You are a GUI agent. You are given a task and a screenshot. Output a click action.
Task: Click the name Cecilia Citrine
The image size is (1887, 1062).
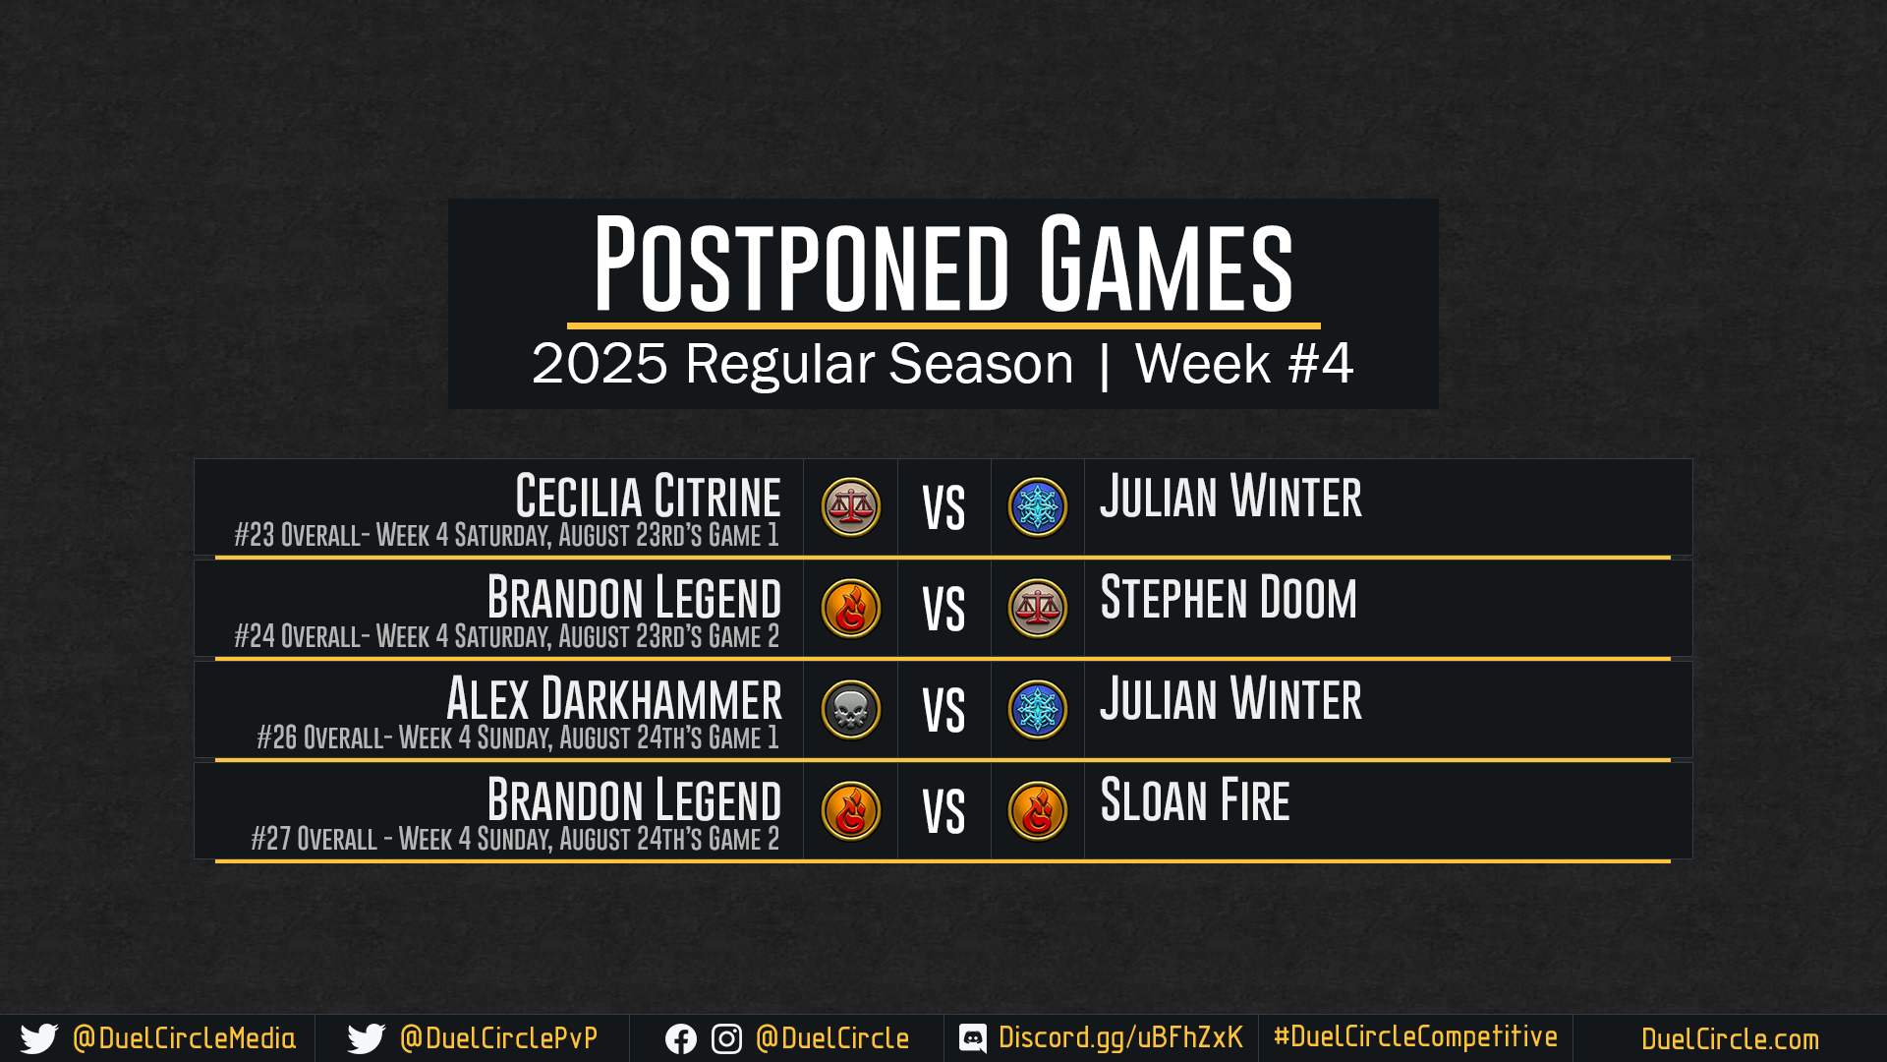click(x=648, y=497)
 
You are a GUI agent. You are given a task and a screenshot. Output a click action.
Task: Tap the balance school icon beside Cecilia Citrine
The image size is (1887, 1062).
click(x=851, y=507)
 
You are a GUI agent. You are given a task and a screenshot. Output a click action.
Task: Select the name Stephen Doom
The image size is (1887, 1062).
click(x=1229, y=598)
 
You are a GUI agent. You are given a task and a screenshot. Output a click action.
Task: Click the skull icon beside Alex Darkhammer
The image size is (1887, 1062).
click(x=851, y=710)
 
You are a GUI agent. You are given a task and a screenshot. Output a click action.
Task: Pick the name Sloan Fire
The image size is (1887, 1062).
click(x=1195, y=800)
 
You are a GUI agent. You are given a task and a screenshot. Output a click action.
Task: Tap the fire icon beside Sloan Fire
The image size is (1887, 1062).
click(x=1038, y=811)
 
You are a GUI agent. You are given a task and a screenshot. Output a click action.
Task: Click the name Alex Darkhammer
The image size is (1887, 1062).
click(x=614, y=699)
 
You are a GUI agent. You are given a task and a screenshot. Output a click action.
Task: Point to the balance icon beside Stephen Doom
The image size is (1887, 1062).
click(x=1038, y=609)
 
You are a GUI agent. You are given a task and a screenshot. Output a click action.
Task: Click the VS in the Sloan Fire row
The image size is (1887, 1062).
click(x=943, y=813)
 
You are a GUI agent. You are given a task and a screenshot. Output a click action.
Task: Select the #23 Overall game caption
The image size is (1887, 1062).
click(x=506, y=536)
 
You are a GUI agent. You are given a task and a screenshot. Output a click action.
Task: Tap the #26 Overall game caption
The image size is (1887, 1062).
click(x=518, y=738)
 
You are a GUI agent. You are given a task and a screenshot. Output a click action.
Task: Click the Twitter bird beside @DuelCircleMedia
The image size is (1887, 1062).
click(x=39, y=1039)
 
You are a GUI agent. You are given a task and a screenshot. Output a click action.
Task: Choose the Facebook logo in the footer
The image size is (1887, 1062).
click(x=681, y=1039)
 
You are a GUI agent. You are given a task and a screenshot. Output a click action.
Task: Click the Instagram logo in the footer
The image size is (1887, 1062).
click(x=726, y=1039)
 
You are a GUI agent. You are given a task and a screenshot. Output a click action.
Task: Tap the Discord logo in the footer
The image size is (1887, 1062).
click(x=973, y=1038)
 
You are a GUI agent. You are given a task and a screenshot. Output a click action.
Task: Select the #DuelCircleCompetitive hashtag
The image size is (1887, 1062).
click(x=1415, y=1037)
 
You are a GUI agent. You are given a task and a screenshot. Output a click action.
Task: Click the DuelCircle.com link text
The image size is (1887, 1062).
click(x=1730, y=1039)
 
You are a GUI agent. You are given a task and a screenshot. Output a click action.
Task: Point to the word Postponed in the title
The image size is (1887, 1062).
click(x=801, y=265)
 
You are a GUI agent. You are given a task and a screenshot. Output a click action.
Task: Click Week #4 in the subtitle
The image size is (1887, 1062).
click(x=1244, y=364)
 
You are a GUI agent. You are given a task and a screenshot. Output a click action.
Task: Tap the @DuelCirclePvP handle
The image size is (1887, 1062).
click(x=498, y=1038)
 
